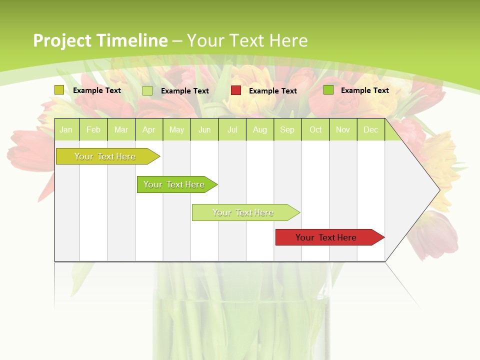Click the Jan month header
coord(66,130)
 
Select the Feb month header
coord(93,130)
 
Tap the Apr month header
coord(148,130)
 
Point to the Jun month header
coord(204,130)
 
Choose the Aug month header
coord(259,130)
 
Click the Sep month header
coord(287,130)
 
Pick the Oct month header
coord(315,130)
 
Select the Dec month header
coord(370,130)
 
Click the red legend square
coord(236,90)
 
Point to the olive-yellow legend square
coord(59,90)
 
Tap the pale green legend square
coord(147,90)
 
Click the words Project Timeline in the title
coord(100,40)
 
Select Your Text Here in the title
coord(247,40)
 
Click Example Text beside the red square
coord(272,91)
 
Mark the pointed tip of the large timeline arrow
coord(439,189)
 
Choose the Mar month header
coord(121,130)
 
